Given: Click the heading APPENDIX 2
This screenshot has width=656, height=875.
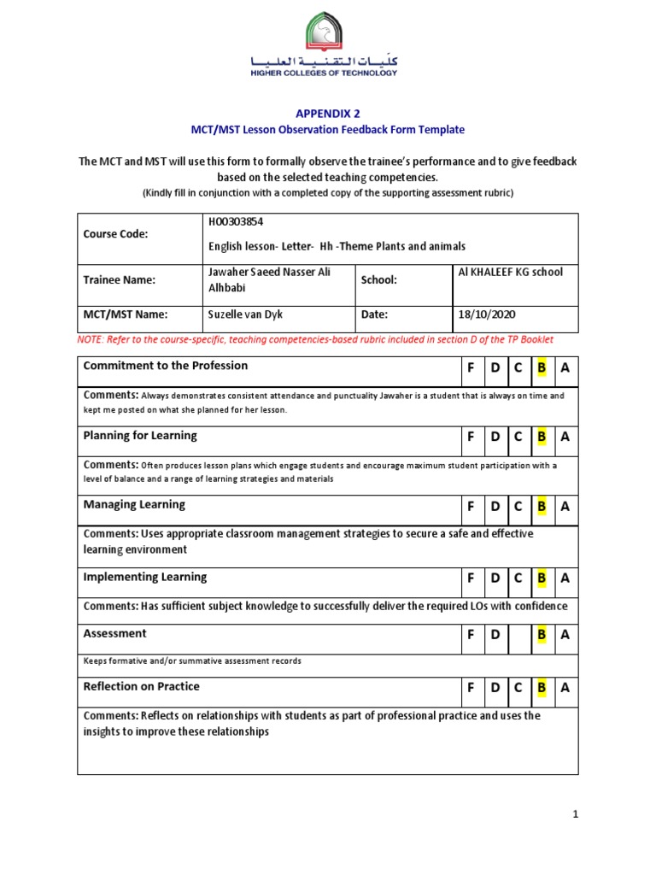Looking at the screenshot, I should pos(328,113).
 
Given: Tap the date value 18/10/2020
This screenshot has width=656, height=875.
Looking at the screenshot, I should pos(487,314).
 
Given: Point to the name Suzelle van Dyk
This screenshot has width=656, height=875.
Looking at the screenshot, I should pos(246,314).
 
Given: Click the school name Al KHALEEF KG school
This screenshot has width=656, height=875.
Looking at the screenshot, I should pos(511,272).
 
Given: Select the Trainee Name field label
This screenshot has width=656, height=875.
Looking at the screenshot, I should pos(119,279).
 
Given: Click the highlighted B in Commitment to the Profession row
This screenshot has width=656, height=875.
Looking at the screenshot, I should pos(541,367).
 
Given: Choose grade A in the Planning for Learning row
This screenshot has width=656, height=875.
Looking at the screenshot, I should pos(565,437).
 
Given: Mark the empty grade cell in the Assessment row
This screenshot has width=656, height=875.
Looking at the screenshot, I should pos(518,636).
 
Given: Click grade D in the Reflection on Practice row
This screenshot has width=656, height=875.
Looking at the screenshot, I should pos(495,689).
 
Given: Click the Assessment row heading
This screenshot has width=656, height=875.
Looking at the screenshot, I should pos(114,633).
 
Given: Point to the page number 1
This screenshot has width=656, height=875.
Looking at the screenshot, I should pos(576,815).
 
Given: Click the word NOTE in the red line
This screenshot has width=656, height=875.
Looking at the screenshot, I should pos(90,339).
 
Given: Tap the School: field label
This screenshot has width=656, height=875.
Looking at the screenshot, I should pos(379,279).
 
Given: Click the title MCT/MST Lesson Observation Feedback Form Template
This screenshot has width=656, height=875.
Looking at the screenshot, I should pos(327,130).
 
